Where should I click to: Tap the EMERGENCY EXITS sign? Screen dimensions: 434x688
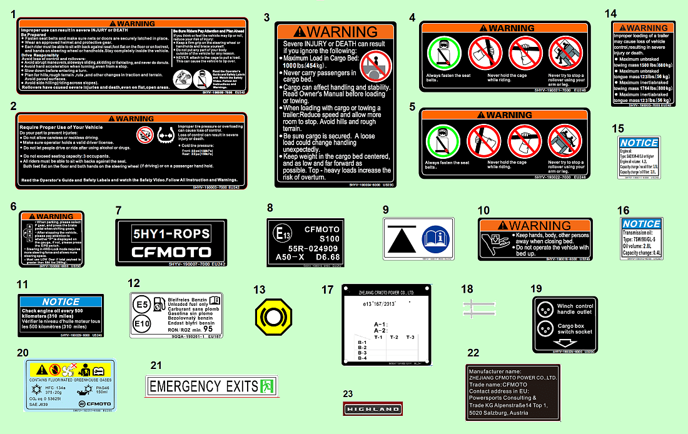(211, 386)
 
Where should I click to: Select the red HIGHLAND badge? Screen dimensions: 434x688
(373, 409)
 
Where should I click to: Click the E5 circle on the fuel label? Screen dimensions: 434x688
(143, 305)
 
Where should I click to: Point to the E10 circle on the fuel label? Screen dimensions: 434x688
(143, 325)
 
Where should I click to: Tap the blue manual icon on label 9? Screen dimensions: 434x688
(435, 238)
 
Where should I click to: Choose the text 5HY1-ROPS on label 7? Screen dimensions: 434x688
(171, 235)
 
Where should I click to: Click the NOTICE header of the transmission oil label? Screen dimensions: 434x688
(641, 224)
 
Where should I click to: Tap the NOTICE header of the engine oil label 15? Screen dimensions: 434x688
(639, 143)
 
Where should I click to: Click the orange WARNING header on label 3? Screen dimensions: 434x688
(336, 31)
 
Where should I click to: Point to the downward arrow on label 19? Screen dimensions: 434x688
(565, 343)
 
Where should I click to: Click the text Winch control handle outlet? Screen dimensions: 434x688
(575, 309)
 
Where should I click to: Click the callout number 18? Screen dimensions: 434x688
(467, 289)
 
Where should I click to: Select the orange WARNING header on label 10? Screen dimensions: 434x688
(534, 225)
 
